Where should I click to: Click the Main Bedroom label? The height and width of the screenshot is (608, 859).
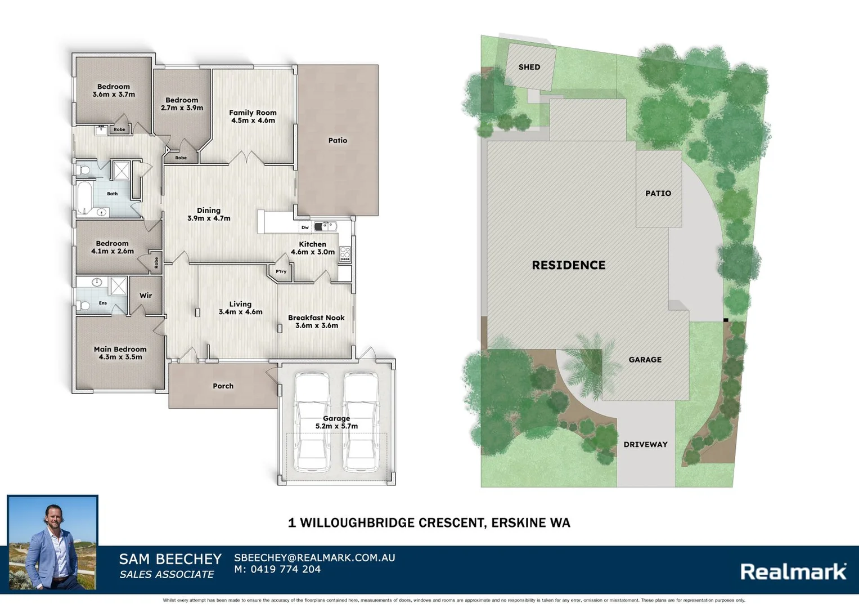point(120,349)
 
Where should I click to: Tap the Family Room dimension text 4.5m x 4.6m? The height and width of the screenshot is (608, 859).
point(253,120)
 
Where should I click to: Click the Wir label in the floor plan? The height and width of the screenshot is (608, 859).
point(146,296)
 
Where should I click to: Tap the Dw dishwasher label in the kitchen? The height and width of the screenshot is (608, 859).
point(305,227)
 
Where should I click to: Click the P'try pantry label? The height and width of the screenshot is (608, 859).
point(281,271)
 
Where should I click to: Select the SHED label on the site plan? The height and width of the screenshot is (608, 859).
point(529,67)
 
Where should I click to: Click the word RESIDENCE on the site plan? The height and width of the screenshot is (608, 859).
point(569,265)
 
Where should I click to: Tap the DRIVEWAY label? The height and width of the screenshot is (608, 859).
point(645,445)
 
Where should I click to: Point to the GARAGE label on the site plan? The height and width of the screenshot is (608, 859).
point(645,360)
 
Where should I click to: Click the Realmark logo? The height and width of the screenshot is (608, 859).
point(793,572)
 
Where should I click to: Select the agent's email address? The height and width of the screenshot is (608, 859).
point(314,558)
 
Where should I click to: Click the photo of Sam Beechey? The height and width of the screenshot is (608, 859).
point(53,543)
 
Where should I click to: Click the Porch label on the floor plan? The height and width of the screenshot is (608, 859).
point(223,386)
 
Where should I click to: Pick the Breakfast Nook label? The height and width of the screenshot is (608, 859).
point(316,318)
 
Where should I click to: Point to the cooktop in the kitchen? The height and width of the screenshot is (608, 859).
point(345,254)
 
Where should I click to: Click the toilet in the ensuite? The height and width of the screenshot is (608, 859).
point(84,306)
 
